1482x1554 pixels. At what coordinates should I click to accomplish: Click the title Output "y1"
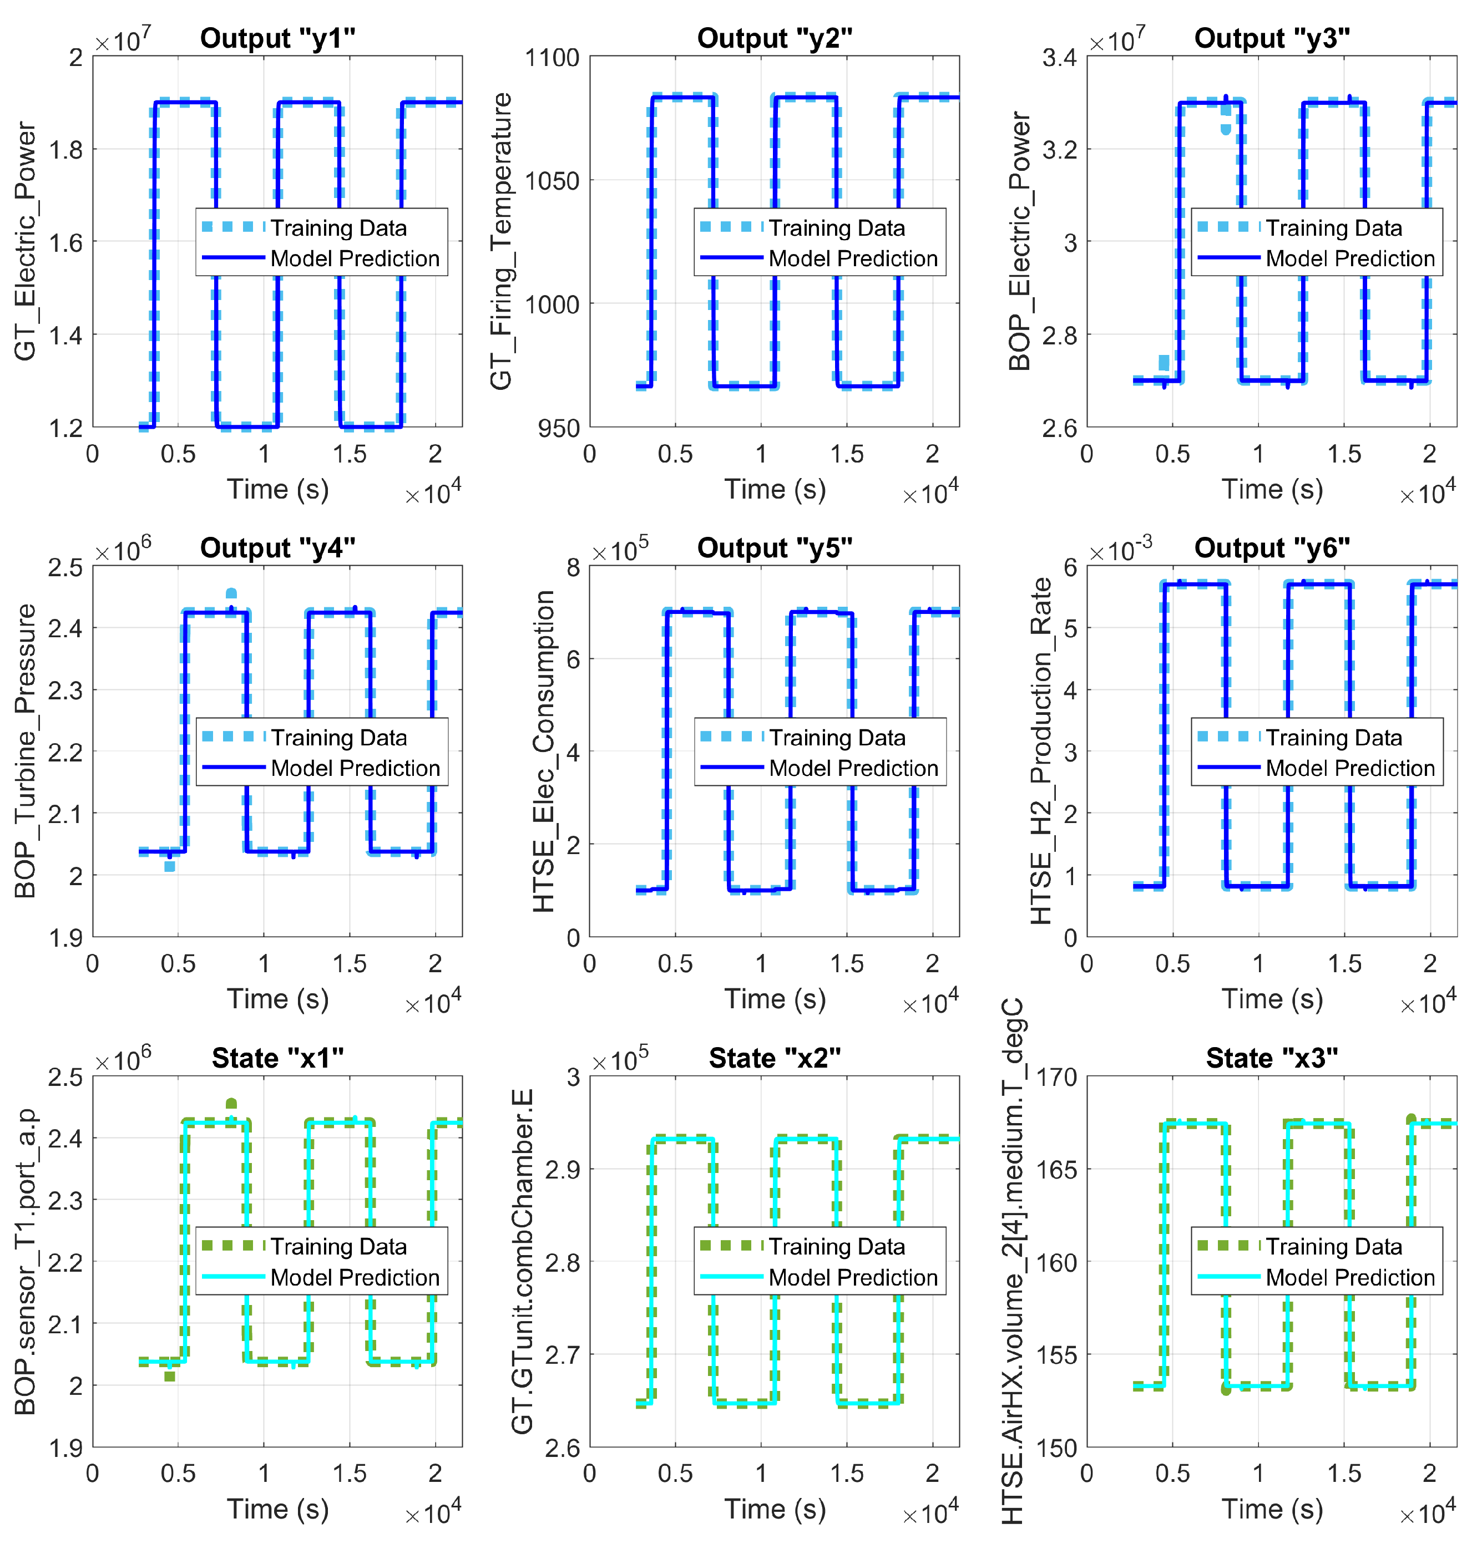point(277,38)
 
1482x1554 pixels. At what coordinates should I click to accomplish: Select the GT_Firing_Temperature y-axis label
point(501,241)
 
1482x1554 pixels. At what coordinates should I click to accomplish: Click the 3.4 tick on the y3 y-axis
point(1059,58)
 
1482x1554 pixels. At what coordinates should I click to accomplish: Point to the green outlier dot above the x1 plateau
point(231,1104)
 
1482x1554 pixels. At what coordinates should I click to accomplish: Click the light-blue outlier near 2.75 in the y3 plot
point(1164,363)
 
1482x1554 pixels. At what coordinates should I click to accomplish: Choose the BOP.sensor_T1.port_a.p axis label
point(26,1261)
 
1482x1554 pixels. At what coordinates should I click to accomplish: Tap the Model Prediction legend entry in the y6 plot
point(1349,768)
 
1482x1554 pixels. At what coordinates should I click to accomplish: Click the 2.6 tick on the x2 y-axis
point(562,1448)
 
